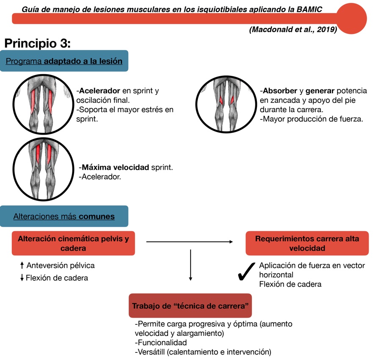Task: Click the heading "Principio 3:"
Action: [37, 44]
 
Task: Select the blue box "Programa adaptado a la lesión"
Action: [64, 61]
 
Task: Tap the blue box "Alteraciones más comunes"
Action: [64, 216]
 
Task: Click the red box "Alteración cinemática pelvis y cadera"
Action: [73, 244]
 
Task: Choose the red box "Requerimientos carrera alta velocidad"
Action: [307, 244]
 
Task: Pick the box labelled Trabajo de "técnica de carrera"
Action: [190, 305]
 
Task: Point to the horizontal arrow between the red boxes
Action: [189, 242]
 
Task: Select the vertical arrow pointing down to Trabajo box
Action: [190, 265]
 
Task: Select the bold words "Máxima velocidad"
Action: [115, 168]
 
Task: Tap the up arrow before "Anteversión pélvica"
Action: [22, 266]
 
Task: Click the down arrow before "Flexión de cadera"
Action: [22, 278]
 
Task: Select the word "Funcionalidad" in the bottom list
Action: [160, 343]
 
